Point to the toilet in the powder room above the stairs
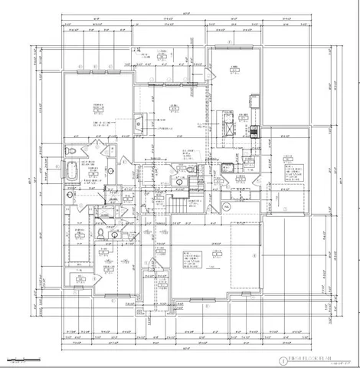[x=177, y=182]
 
